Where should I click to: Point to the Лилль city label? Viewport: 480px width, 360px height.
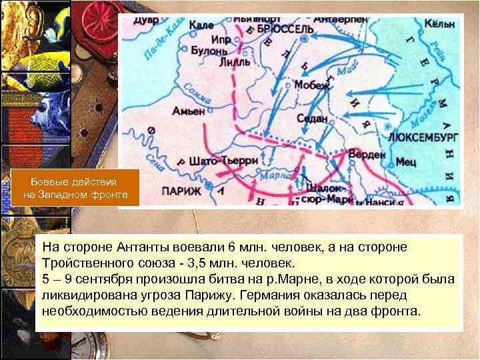(x=235, y=63)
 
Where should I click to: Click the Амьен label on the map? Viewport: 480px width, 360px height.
(x=188, y=111)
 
